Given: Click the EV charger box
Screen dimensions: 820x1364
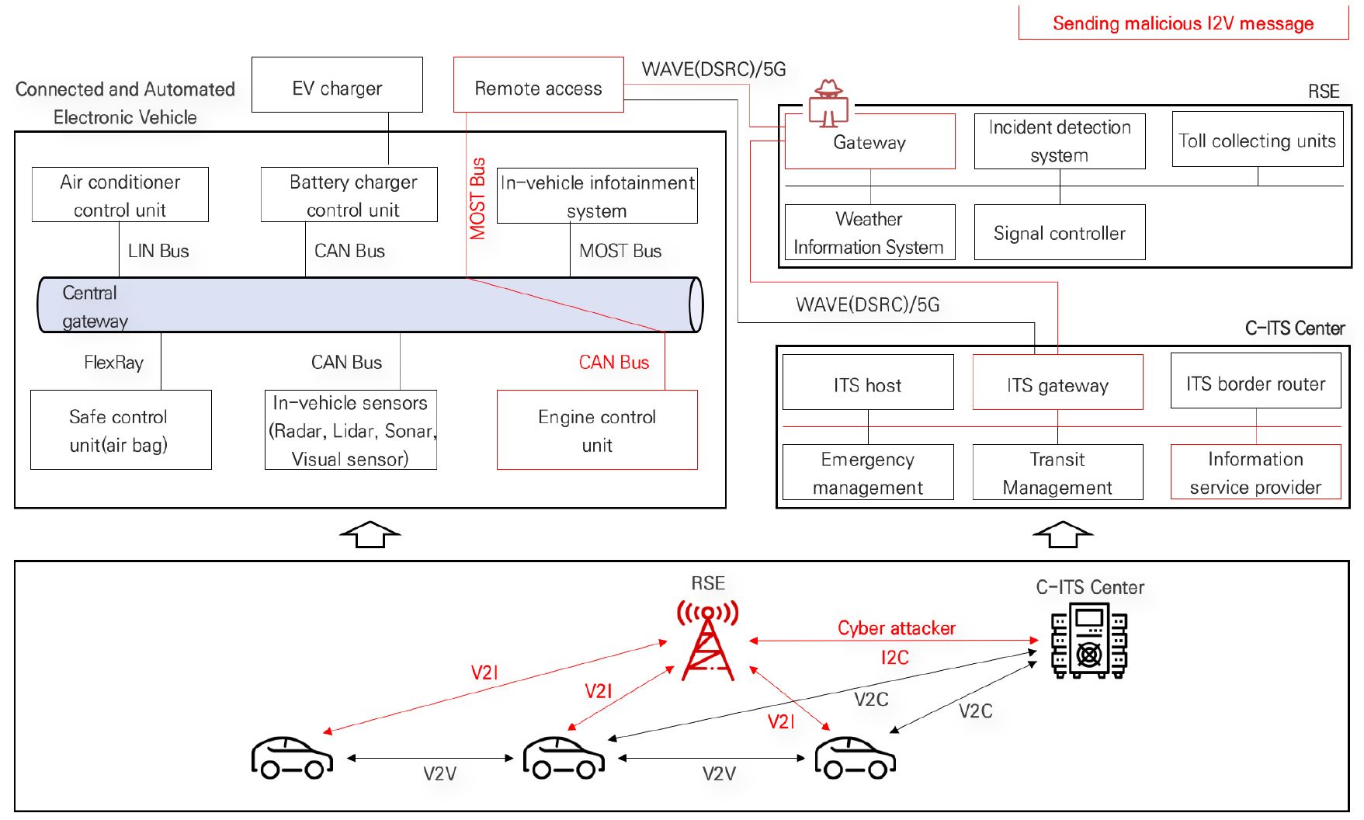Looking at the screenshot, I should pyautogui.click(x=337, y=85).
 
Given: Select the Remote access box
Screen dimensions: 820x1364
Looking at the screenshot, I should pyautogui.click(x=538, y=85).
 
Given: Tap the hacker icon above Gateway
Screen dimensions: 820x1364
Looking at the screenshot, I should pyautogui.click(x=828, y=102).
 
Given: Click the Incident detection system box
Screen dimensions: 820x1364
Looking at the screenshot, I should pyautogui.click(x=1060, y=141).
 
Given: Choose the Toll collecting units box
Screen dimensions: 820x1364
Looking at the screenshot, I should pyautogui.click(x=1257, y=139).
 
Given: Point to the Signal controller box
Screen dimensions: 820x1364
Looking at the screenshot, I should pyautogui.click(x=1060, y=232).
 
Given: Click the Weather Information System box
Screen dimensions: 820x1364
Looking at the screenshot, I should pyautogui.click(x=869, y=232).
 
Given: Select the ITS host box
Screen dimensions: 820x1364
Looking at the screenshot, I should pyautogui.click(x=868, y=382).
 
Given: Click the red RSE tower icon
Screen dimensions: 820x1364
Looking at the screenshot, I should pyautogui.click(x=707, y=641).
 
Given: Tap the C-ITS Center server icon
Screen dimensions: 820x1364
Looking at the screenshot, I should pyautogui.click(x=1088, y=641).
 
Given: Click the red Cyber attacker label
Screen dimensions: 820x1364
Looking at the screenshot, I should pyautogui.click(x=896, y=628).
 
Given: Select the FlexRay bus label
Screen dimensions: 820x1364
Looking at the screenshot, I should pyautogui.click(x=113, y=363).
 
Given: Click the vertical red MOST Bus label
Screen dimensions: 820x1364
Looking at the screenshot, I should pyautogui.click(x=477, y=199).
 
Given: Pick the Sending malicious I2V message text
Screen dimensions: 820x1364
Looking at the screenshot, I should pyautogui.click(x=1182, y=23).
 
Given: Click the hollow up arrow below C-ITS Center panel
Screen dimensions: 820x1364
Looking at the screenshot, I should pyautogui.click(x=1062, y=534).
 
